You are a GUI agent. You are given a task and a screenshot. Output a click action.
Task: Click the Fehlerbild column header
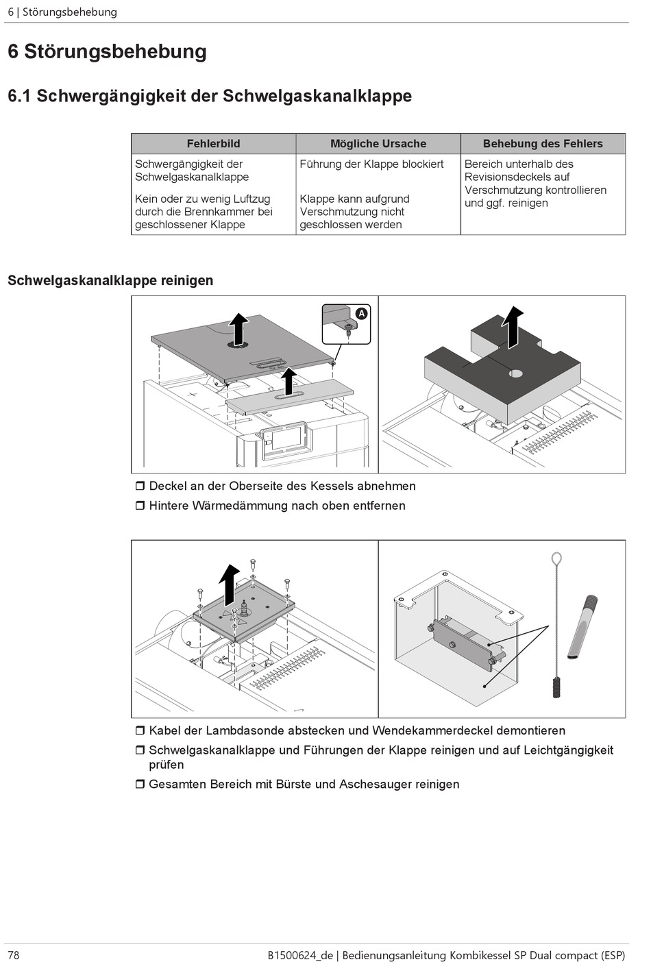pyautogui.click(x=213, y=144)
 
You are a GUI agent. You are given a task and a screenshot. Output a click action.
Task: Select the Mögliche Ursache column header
pyautogui.click(x=378, y=144)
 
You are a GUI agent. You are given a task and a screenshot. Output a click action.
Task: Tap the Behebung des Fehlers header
pyautogui.click(x=543, y=144)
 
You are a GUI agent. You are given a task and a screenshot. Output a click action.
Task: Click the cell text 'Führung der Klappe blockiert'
pyautogui.click(x=371, y=164)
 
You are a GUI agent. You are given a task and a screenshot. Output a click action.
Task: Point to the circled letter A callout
pyautogui.click(x=361, y=314)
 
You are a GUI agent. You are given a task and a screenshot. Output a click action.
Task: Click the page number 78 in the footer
pyautogui.click(x=14, y=954)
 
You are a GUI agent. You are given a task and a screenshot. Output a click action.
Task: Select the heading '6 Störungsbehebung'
pyautogui.click(x=107, y=52)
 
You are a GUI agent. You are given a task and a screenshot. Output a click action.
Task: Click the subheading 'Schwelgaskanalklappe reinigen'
pyautogui.click(x=110, y=280)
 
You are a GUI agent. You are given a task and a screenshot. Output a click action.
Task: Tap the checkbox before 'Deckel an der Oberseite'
pyautogui.click(x=140, y=486)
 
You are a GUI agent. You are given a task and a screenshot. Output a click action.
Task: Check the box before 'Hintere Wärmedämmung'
pyautogui.click(x=140, y=506)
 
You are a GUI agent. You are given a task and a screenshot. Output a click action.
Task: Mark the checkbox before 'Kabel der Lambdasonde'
pyautogui.click(x=140, y=731)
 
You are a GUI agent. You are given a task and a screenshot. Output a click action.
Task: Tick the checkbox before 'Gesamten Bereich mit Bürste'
pyautogui.click(x=140, y=785)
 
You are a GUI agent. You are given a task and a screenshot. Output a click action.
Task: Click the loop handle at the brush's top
pyautogui.click(x=556, y=559)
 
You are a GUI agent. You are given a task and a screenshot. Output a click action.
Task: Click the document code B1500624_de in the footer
pyautogui.click(x=300, y=954)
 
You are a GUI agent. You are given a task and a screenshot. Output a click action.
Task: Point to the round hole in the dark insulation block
pyautogui.click(x=516, y=373)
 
